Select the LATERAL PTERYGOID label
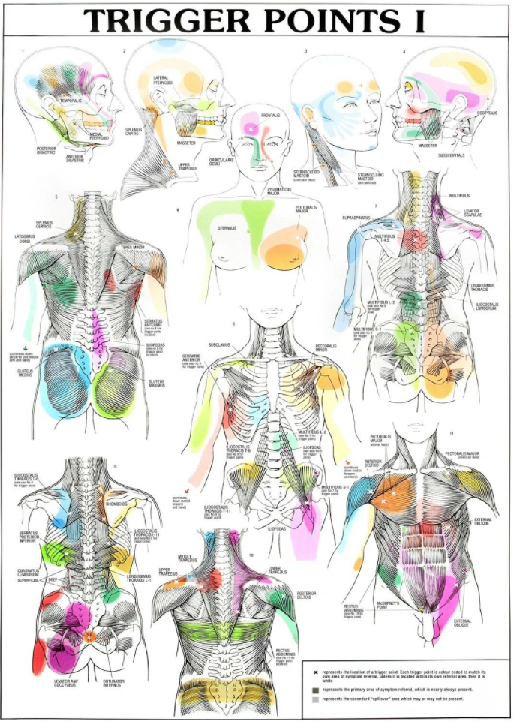pos(164,80)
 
